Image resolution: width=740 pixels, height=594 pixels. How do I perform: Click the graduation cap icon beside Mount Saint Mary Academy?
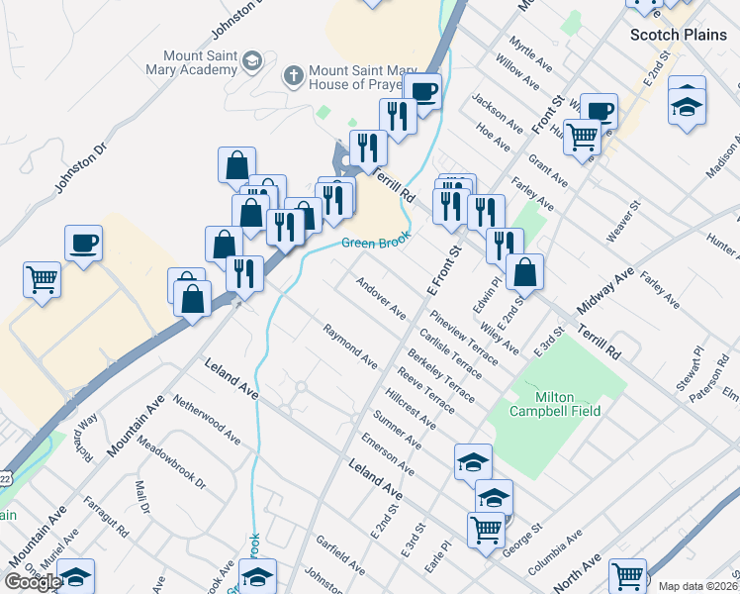[x=252, y=62]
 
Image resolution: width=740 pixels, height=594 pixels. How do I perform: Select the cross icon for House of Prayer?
[x=293, y=73]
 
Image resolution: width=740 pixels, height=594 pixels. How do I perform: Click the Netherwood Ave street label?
[x=207, y=420]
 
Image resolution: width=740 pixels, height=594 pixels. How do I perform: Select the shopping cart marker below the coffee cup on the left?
[x=42, y=278]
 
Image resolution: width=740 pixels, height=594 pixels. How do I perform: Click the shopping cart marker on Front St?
[x=582, y=136]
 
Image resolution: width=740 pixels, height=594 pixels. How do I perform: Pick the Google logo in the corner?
[x=33, y=581]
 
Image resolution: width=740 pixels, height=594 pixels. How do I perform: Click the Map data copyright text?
[x=698, y=586]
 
